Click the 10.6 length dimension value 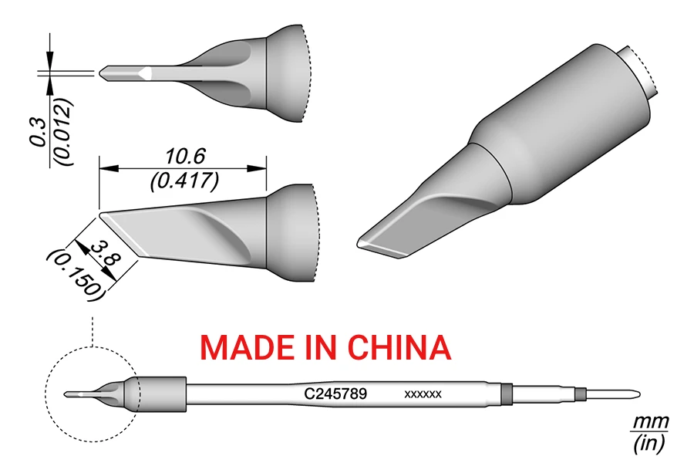[184, 157]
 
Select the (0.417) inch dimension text [184, 181]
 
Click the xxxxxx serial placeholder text [423, 394]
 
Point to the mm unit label [650, 423]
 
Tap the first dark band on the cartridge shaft [507, 394]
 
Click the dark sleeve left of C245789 [162, 394]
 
